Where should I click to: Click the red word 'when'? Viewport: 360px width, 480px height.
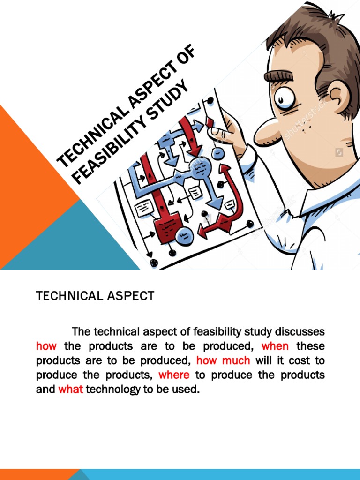275,346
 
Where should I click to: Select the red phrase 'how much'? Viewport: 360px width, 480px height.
223,361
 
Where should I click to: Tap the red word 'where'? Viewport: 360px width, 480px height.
174,375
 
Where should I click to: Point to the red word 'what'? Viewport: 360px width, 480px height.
70,390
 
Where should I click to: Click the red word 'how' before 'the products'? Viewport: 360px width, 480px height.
46,346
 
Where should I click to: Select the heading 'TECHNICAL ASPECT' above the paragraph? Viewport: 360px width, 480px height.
95,296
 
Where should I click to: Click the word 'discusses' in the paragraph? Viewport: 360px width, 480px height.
300,332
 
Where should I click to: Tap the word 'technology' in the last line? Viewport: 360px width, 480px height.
112,390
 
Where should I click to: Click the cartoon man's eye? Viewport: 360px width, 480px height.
285,98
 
